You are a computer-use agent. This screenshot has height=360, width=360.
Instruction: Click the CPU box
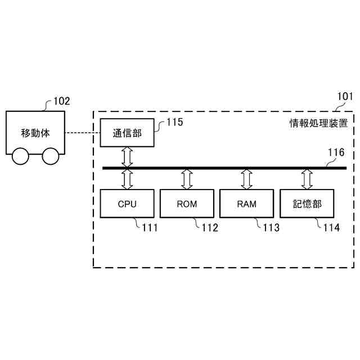pos(127,204)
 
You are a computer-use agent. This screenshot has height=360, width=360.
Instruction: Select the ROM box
pos(187,204)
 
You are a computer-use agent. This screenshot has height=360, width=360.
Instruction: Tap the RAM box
pos(247,204)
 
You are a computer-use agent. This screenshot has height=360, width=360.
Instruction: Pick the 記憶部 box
pos(307,204)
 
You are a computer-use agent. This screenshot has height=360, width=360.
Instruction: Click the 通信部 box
pos(127,133)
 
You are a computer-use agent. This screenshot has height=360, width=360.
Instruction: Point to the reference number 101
pos(345,96)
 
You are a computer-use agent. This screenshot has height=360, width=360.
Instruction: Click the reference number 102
pos(61,101)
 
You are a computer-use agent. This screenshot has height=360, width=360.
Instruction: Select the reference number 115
pos(174,121)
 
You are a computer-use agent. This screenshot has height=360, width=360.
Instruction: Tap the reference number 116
pos(336,152)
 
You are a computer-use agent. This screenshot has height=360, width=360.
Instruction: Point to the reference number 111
pos(150,228)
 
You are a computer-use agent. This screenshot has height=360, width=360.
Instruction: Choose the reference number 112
pos(210,228)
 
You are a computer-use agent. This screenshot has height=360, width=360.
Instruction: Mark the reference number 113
pos(271,228)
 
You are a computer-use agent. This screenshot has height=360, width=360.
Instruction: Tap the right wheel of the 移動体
pos(51,156)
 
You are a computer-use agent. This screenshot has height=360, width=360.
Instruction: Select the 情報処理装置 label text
pos(318,122)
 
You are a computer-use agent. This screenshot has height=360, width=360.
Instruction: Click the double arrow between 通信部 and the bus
pos(127,157)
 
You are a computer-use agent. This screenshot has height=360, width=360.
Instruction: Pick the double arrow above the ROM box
pos(187,179)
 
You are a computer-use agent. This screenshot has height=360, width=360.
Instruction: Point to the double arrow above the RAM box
pos(247,179)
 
